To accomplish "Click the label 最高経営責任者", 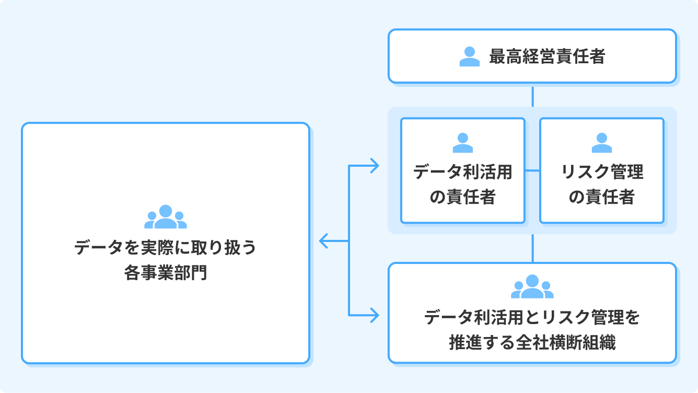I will click(x=546, y=56).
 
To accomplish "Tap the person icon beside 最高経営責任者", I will click(x=469, y=56).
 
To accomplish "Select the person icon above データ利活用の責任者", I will click(x=462, y=143).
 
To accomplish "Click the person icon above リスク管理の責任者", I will click(x=601, y=143).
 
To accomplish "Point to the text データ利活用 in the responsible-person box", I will click(x=462, y=172).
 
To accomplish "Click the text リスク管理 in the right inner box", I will click(x=601, y=172).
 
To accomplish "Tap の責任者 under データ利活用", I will click(x=462, y=197).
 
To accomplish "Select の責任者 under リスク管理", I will click(x=601, y=197).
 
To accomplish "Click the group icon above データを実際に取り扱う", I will click(x=166, y=217).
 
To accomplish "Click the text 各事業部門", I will click(x=166, y=272).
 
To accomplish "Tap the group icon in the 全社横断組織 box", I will click(x=532, y=286).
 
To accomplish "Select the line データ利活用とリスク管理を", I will click(x=532, y=317).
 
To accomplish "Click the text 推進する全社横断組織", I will click(x=532, y=342).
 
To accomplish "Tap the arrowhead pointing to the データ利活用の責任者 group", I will click(x=375, y=166).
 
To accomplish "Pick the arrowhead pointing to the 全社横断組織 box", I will click(x=375, y=315).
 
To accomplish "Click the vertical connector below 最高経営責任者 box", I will click(x=532, y=96).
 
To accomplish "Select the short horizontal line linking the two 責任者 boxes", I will click(x=532, y=170).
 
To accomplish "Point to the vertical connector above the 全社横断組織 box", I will click(x=532, y=248).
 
